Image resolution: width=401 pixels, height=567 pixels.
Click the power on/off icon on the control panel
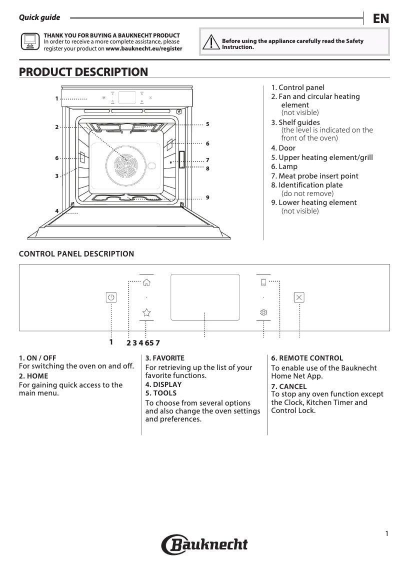click(x=111, y=297)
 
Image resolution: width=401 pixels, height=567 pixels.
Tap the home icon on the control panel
click(x=146, y=282)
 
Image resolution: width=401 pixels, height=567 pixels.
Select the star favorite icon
click(x=146, y=312)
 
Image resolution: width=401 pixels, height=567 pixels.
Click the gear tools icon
click(x=263, y=312)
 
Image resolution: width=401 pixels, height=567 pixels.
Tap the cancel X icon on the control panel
click(x=299, y=297)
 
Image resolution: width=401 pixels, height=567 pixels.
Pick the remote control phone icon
click(x=263, y=282)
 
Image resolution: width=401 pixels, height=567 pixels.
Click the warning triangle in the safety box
click(x=211, y=42)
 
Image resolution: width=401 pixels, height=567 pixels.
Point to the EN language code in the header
click(x=380, y=18)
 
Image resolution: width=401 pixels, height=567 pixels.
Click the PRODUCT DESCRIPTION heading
click(x=83, y=72)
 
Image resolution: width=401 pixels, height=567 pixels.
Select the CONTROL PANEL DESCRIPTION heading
click(x=76, y=254)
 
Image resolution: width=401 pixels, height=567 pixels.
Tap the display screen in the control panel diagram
click(x=204, y=297)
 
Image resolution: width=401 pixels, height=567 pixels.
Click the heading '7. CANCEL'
click(x=289, y=386)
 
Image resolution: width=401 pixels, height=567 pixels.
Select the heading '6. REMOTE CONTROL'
click(x=307, y=358)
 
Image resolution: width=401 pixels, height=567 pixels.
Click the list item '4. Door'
click(x=283, y=148)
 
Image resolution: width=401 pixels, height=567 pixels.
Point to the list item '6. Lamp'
click(x=284, y=166)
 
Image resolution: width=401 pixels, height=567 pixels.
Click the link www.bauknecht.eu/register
click(x=144, y=49)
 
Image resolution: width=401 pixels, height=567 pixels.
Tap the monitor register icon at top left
click(x=30, y=41)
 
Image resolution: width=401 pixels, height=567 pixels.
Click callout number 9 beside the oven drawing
click(x=207, y=197)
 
